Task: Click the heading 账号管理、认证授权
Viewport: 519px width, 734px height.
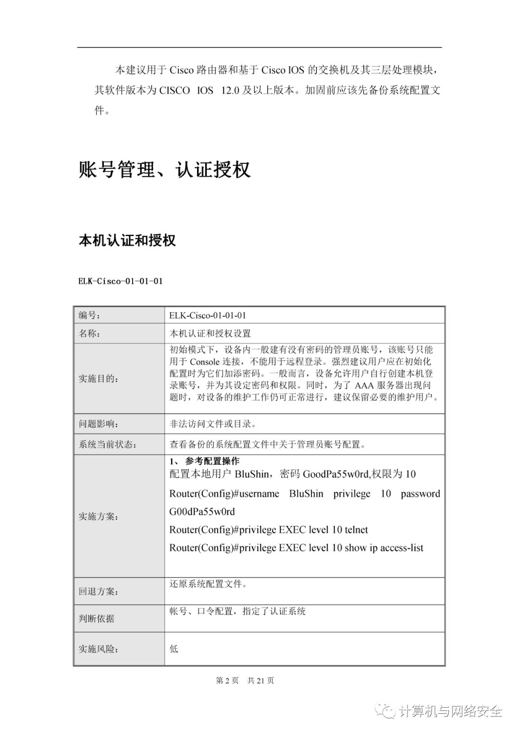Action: pos(164,170)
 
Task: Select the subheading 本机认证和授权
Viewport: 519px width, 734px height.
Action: pos(127,240)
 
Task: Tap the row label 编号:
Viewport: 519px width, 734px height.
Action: pos(89,315)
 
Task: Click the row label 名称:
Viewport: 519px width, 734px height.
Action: pos(89,333)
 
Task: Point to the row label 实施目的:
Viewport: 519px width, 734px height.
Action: pos(97,379)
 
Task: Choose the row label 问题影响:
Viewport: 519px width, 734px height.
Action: pos(97,424)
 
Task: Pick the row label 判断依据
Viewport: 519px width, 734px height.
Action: pos(97,619)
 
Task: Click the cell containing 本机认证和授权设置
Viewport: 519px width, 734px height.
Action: pos(210,333)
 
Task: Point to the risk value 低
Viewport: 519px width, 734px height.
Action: pos(174,649)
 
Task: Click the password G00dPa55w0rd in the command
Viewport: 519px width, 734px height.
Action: pos(202,511)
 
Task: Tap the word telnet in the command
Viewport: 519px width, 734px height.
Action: pos(356,530)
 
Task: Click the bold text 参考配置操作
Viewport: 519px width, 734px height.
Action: pos(212,461)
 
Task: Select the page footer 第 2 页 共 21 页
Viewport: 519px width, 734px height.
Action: pos(245,680)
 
